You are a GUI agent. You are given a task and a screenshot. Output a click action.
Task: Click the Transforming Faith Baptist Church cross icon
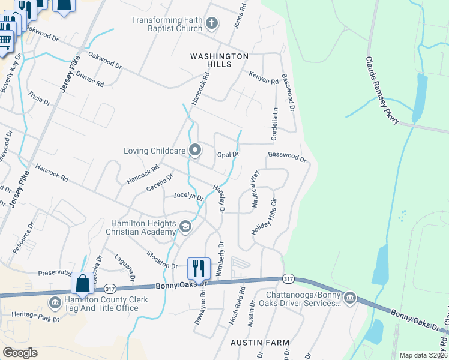coord(211,24)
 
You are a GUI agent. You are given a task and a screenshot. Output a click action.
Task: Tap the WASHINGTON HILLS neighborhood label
coord(219,61)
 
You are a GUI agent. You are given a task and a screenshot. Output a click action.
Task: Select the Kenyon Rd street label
coord(264,77)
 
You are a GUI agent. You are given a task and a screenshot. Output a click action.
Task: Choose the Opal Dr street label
coord(228,154)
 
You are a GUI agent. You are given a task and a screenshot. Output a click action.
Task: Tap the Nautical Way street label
coord(255,189)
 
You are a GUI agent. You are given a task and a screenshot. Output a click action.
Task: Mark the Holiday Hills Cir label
coord(267,216)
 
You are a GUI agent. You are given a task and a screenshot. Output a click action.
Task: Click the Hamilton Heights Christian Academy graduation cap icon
coord(185,227)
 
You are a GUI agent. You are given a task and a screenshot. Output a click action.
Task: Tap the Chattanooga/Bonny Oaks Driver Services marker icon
coord(349,298)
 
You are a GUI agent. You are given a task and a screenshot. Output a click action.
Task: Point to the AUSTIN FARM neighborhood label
coord(260,343)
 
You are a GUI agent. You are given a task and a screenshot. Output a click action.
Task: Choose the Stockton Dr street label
coord(162,260)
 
